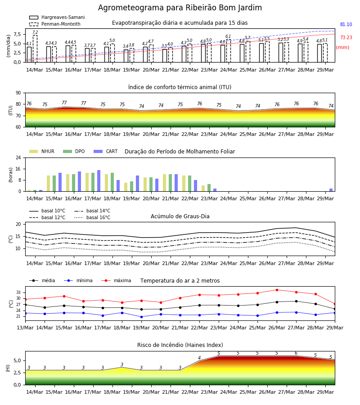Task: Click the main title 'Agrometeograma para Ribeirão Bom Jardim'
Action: (180, 8)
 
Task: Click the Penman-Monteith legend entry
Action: (55, 24)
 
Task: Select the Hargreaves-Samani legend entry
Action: (57, 17)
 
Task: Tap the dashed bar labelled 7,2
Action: (35, 49)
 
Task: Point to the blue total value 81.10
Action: (346, 25)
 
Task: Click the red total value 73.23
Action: (346, 37)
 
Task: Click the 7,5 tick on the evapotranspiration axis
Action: (17, 34)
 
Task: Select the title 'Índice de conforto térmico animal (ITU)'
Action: (180, 87)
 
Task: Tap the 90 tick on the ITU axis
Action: (18, 93)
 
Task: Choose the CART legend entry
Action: (106, 151)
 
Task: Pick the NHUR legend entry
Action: (42, 151)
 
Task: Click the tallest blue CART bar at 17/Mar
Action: (99, 181)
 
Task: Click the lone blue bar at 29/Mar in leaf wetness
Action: (331, 190)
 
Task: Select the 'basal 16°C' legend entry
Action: (92, 217)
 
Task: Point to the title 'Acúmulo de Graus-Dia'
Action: (180, 216)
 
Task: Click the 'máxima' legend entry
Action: (116, 280)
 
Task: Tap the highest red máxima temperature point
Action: (277, 290)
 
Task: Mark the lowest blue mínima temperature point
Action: (141, 317)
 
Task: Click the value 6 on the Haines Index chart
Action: (296, 353)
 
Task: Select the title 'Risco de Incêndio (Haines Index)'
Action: (180, 345)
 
